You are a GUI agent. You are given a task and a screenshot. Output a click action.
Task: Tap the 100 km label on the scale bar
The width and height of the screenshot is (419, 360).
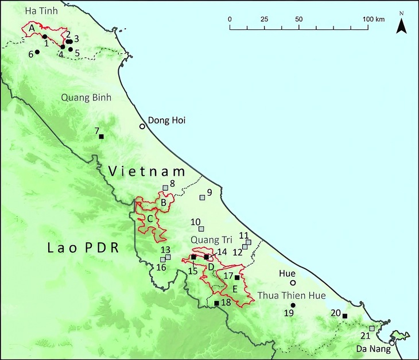(x=374, y=19)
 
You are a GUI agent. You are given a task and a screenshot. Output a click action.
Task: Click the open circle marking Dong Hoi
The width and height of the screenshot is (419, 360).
(x=142, y=126)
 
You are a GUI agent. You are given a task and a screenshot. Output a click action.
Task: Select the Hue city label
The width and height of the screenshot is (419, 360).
(x=287, y=274)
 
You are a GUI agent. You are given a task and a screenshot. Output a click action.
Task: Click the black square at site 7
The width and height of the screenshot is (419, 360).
(x=101, y=136)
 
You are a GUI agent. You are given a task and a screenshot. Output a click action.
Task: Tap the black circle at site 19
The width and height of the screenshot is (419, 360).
(x=293, y=305)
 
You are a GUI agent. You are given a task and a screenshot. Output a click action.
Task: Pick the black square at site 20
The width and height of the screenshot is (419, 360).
(x=344, y=316)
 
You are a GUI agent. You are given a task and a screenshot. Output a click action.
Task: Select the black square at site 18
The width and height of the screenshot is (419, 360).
(x=216, y=303)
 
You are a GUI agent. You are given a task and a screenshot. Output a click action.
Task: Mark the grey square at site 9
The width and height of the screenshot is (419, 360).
(x=202, y=198)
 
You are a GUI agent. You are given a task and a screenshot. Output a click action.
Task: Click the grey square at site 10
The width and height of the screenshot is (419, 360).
(x=201, y=229)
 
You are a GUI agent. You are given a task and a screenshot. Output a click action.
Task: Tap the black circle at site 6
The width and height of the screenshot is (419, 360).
(x=37, y=52)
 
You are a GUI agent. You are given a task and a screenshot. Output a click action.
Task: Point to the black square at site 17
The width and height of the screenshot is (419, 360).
(x=237, y=277)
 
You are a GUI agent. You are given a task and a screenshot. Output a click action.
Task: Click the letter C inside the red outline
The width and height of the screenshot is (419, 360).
(x=149, y=219)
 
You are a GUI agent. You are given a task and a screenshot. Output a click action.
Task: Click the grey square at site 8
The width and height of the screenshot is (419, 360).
(x=165, y=188)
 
